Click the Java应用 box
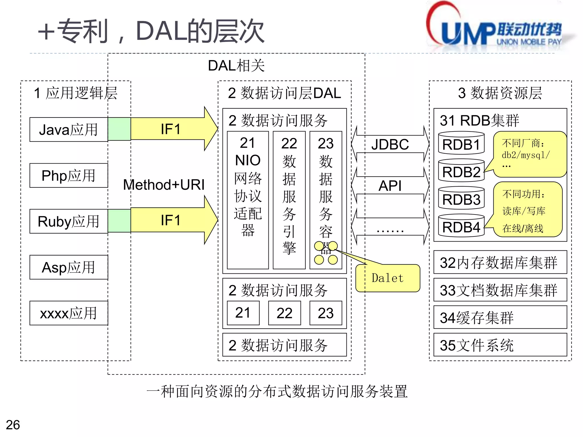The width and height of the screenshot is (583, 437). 69,129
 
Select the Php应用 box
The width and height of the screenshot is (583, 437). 69,176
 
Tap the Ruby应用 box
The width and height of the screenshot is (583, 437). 69,221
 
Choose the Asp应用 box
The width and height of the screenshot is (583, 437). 69,267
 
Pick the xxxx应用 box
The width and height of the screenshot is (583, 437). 69,313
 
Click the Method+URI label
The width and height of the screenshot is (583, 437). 164,185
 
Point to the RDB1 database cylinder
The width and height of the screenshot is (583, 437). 461,143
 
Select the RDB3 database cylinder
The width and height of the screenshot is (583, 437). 461,198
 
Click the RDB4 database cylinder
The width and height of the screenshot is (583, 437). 461,226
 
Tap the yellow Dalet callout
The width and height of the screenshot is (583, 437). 388,278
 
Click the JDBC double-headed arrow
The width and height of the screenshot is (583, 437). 390,144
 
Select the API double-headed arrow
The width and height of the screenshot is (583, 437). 390,186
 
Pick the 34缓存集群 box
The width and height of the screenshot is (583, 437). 500,318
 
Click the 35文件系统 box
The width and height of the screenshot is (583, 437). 500,345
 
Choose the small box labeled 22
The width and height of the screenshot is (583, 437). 284,313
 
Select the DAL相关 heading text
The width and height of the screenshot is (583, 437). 236,66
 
